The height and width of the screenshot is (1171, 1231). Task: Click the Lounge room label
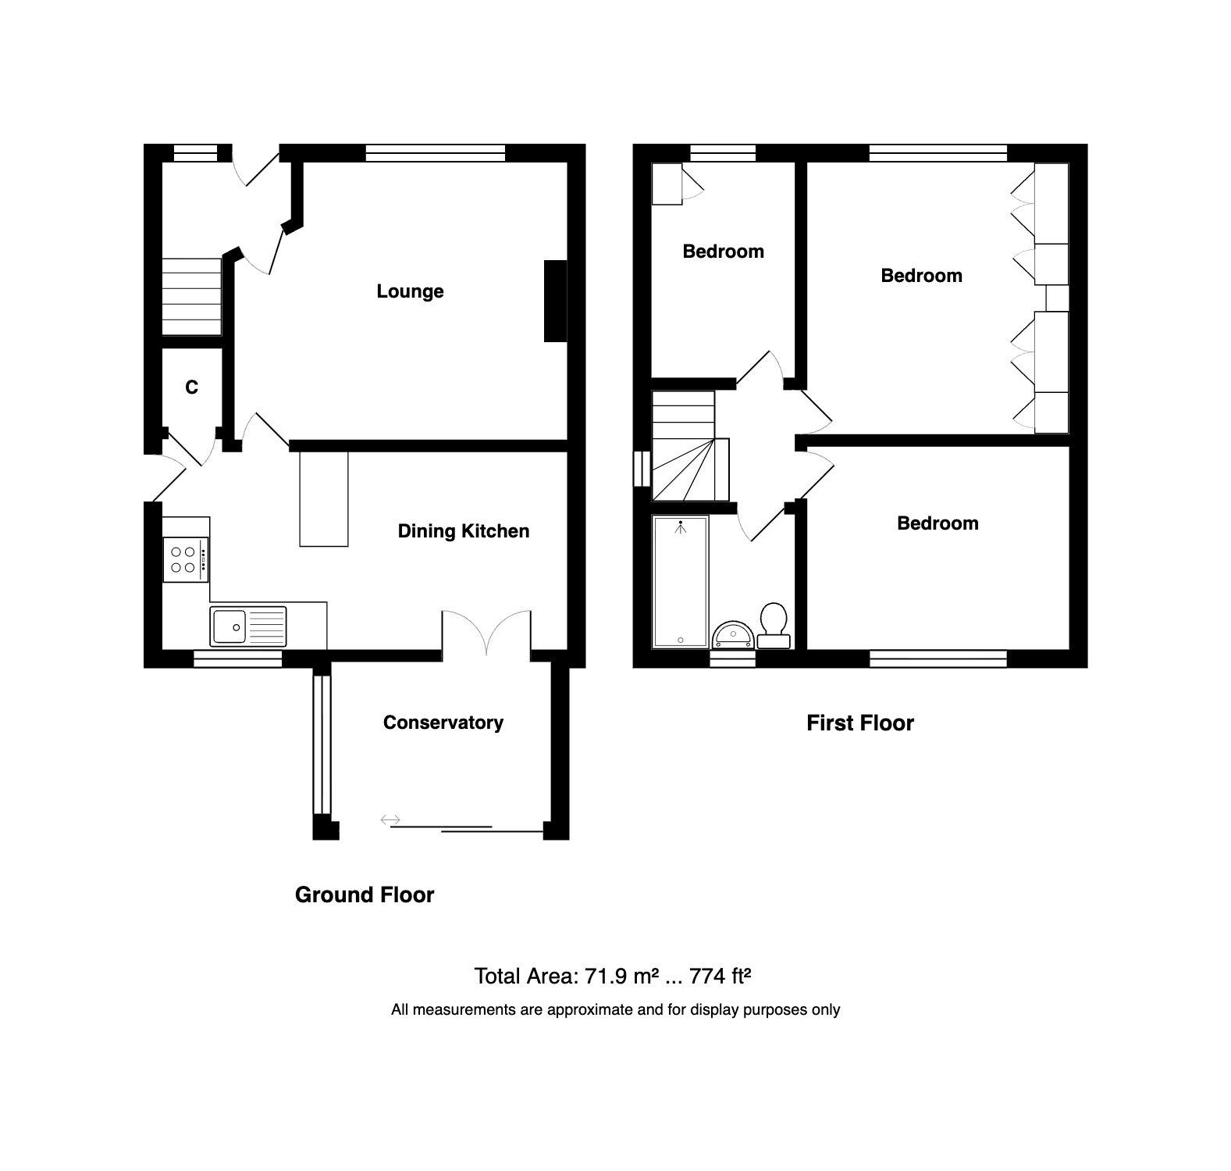pyautogui.click(x=410, y=291)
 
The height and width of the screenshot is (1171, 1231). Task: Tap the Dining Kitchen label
pyautogui.click(x=463, y=531)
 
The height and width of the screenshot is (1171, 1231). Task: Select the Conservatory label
pyautogui.click(x=443, y=723)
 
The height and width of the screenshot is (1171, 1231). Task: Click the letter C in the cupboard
pyautogui.click(x=191, y=387)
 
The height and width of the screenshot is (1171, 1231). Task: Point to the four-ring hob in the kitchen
pyautogui.click(x=185, y=559)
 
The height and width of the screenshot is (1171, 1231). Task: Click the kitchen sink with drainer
pyautogui.click(x=247, y=627)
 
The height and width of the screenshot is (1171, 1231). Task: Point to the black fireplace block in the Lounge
pyautogui.click(x=555, y=301)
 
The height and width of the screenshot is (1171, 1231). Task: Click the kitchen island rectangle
pyautogui.click(x=323, y=498)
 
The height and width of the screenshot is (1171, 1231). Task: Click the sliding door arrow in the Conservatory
pyautogui.click(x=390, y=819)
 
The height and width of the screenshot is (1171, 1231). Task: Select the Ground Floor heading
pyautogui.click(x=364, y=895)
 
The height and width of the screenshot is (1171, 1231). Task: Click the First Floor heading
pyautogui.click(x=859, y=723)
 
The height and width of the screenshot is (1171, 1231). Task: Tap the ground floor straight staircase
pyautogui.click(x=191, y=298)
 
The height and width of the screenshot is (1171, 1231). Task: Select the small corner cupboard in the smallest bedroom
pyautogui.click(x=667, y=184)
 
